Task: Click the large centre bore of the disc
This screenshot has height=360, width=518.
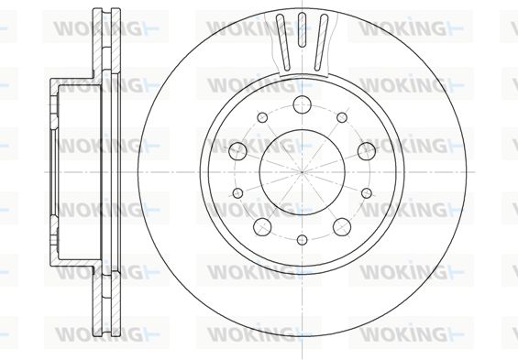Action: click(302, 172)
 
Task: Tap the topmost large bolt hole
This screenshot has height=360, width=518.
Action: click(302, 104)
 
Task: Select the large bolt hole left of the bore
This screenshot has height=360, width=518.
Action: click(237, 151)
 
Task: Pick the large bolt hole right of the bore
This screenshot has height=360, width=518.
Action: click(367, 151)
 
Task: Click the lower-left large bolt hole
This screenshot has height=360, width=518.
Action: click(262, 226)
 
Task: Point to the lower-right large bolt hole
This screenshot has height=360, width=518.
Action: click(342, 226)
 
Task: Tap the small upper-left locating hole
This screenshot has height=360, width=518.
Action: click(262, 117)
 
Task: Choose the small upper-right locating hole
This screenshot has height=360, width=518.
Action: click(342, 117)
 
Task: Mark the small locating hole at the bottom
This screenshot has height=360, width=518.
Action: click(302, 240)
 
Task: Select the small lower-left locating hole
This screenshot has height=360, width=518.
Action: click(237, 193)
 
